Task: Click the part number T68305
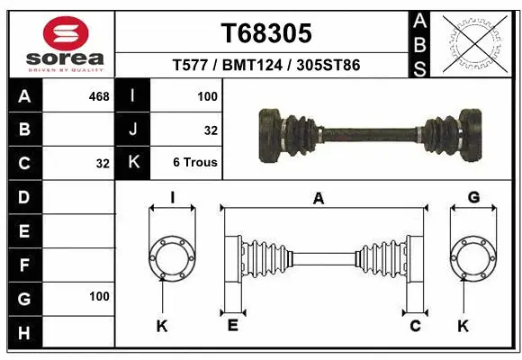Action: tap(266, 33)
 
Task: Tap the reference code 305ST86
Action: tap(330, 66)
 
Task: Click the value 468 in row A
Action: tap(98, 95)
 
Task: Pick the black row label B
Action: tap(24, 130)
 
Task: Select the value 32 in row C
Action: tap(102, 164)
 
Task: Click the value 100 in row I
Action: tap(206, 95)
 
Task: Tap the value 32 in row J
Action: tap(211, 130)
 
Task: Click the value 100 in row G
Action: tap(98, 296)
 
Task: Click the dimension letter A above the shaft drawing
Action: tap(318, 200)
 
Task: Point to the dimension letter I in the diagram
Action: tap(171, 198)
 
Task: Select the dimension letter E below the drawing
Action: tap(233, 325)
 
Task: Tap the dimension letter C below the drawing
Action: tap(416, 325)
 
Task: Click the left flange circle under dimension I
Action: tap(171, 258)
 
